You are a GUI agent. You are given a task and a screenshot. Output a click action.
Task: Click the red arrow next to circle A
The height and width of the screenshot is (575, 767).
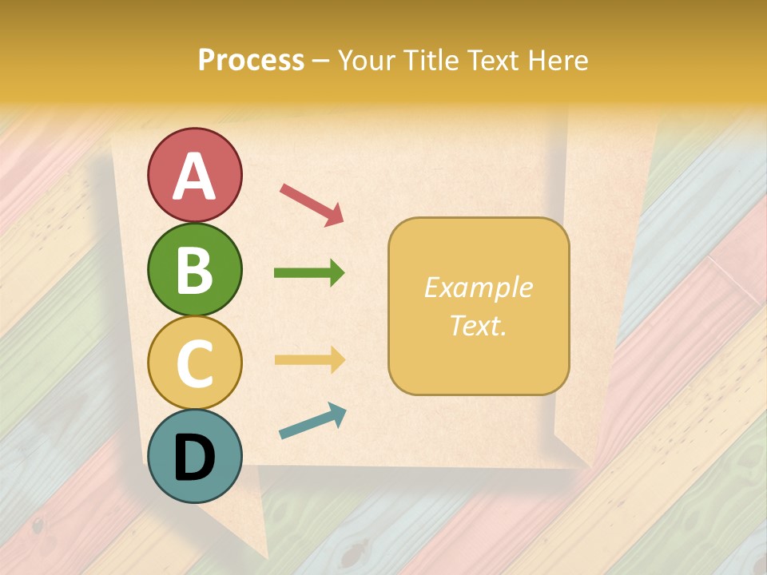312,204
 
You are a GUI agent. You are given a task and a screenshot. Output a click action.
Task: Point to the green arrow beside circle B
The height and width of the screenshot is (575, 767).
309,273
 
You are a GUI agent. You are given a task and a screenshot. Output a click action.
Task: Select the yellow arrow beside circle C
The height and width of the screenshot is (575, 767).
309,359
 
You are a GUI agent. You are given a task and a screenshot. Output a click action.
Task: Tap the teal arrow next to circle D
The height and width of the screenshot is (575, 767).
312,421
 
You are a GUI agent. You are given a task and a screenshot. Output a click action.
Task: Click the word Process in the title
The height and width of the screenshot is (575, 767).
251,61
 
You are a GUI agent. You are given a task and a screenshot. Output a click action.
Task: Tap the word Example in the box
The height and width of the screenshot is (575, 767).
479,287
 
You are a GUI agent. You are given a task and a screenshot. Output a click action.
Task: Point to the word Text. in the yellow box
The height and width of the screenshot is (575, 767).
479,325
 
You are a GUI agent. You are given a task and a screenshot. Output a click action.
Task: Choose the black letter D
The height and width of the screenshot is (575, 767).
195,457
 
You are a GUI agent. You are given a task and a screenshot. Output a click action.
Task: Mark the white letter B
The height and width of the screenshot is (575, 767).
195,270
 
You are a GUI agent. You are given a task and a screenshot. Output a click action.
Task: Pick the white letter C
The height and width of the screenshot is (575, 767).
195,363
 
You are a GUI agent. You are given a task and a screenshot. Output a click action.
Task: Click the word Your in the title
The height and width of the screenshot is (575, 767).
368,61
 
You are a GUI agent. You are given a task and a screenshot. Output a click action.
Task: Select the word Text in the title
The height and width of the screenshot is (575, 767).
494,61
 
